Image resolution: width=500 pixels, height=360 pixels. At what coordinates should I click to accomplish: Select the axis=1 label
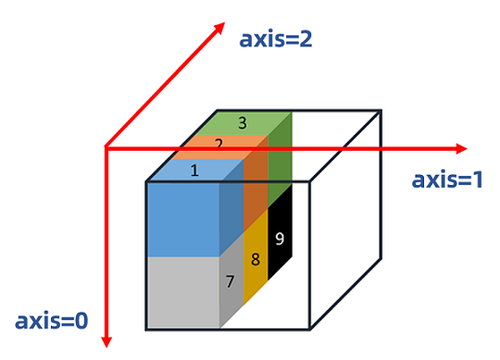coord(448,180)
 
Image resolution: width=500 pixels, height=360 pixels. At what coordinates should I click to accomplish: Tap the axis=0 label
coord(52,321)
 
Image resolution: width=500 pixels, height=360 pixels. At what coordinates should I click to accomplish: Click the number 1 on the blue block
coord(194,170)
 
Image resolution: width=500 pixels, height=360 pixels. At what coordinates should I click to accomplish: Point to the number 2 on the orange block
coord(219,144)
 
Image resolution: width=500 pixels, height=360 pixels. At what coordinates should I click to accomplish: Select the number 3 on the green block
coord(243,122)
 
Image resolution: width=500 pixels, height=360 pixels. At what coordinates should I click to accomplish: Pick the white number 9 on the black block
coord(280,237)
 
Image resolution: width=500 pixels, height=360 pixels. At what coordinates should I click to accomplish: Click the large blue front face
coord(182,218)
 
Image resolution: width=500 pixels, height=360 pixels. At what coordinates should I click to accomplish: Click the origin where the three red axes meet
coord(107,148)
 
